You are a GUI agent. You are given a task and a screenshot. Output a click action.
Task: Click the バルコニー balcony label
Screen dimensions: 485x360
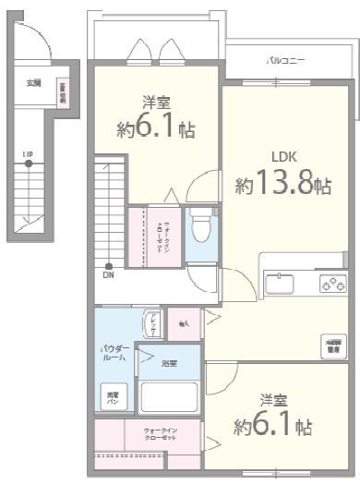(285, 60)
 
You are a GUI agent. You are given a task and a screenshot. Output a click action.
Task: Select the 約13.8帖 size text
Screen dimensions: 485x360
(283, 185)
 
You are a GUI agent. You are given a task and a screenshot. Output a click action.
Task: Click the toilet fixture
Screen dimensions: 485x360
(200, 226)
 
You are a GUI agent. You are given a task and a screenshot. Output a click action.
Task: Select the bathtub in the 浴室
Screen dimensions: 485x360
(168, 397)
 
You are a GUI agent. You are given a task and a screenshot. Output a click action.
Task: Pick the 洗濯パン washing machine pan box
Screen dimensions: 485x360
(111, 398)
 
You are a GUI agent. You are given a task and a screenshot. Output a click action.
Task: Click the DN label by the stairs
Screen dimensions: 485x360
(109, 274)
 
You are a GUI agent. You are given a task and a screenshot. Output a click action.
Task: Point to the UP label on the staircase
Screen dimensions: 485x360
(28, 154)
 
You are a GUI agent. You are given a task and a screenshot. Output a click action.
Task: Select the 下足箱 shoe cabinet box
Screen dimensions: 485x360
(62, 94)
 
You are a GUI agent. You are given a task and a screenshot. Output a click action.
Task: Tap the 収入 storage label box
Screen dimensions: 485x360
(184, 323)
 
